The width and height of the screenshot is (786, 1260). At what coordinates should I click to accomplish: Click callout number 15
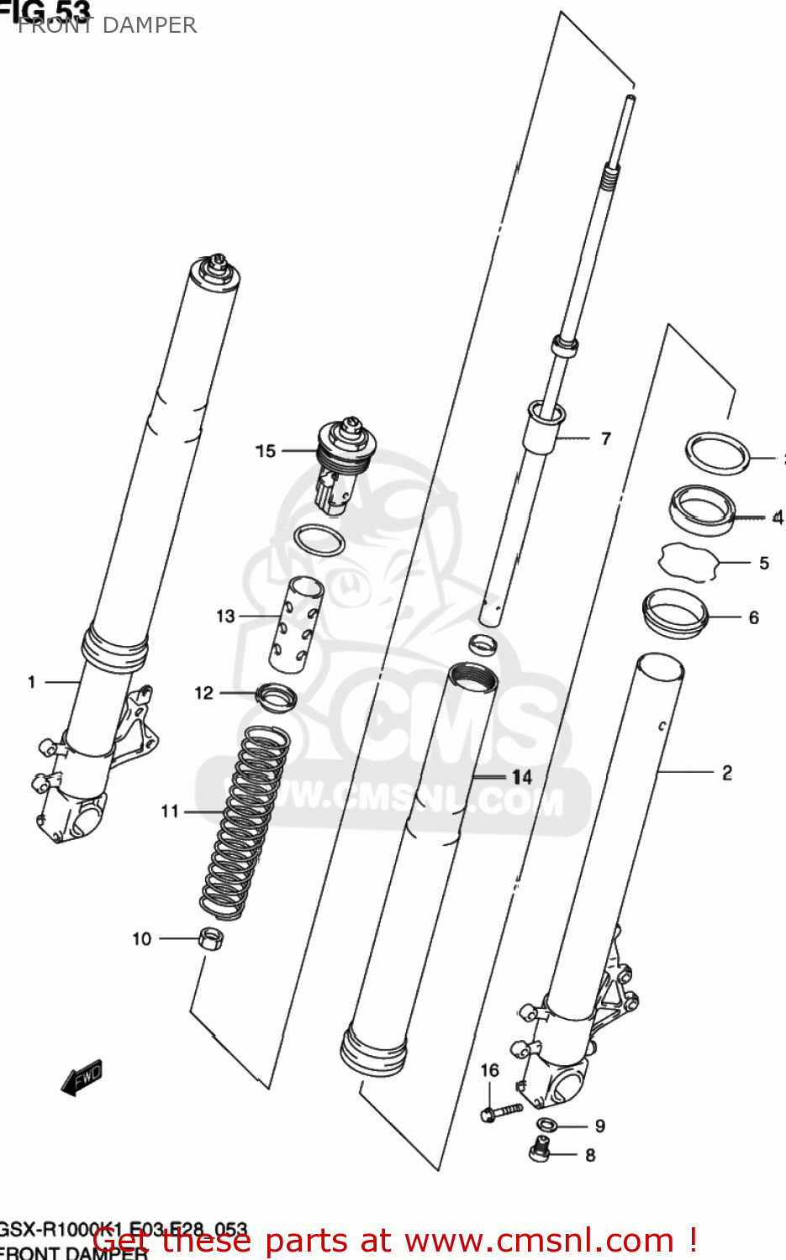click(x=266, y=451)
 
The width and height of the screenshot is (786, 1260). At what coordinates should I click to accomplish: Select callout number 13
click(x=225, y=616)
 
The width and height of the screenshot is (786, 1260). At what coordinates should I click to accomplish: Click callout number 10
click(x=141, y=938)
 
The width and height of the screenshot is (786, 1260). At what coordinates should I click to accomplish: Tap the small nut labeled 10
click(x=211, y=937)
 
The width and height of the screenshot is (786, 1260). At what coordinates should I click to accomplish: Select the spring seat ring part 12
click(x=277, y=696)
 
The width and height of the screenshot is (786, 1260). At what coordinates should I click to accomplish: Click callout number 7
click(x=605, y=438)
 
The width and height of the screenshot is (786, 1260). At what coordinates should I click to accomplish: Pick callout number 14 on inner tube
click(x=522, y=777)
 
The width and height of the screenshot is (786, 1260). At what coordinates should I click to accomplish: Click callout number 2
click(x=726, y=772)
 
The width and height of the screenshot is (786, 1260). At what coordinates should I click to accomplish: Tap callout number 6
click(x=753, y=617)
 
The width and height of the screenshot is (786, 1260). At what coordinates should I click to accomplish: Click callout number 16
click(x=489, y=1070)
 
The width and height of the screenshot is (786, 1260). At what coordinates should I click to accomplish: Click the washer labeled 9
click(x=546, y=1125)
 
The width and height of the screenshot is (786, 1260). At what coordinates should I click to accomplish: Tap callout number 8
click(x=590, y=1155)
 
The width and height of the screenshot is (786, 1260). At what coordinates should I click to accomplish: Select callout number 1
click(x=32, y=682)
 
